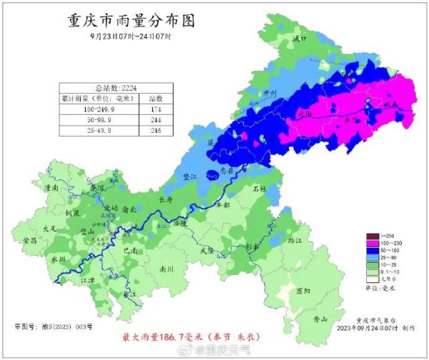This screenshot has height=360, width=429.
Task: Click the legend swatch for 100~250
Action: (372, 244)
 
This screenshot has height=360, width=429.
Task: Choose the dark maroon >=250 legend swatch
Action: (372, 236)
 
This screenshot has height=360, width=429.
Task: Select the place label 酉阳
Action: (303, 291)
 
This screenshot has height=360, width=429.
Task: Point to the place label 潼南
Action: (51, 188)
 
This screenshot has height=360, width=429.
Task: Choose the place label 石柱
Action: (260, 189)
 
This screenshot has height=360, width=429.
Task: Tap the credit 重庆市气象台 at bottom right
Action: (375, 320)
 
